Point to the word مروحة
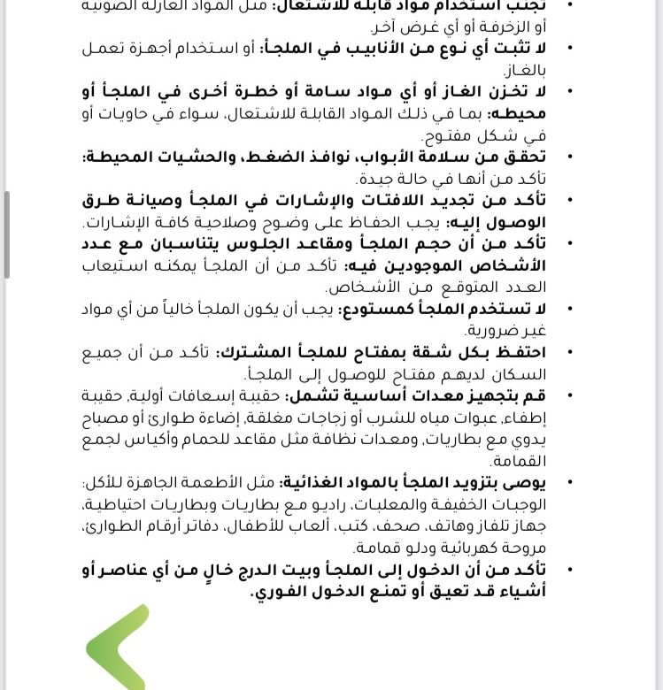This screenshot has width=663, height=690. pyautogui.click(x=524, y=548)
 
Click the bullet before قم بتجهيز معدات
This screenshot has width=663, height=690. pyautogui.click(x=567, y=395)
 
